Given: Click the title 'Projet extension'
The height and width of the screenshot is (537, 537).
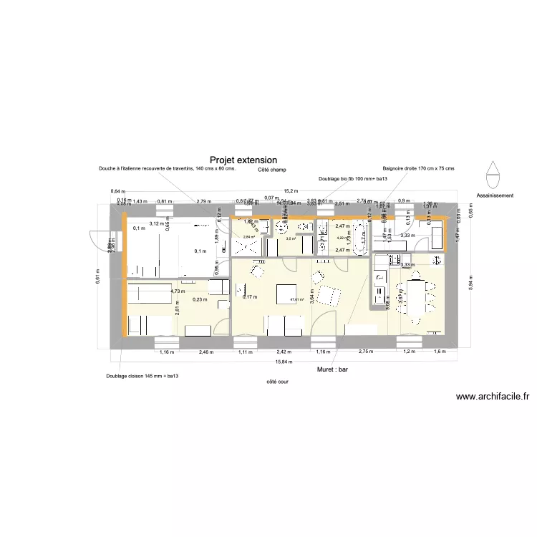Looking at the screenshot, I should pyautogui.click(x=243, y=161).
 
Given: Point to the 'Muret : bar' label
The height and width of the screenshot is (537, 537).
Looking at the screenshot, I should pyautogui.click(x=332, y=370).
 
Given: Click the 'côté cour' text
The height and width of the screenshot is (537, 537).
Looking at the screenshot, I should pyautogui.click(x=276, y=382).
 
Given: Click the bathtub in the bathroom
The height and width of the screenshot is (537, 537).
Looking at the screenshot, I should pyautogui.click(x=362, y=238).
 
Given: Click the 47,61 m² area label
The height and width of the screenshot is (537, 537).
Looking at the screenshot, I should pyautogui.click(x=296, y=300).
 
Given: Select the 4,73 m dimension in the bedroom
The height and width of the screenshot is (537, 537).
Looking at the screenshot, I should pyautogui.click(x=177, y=291).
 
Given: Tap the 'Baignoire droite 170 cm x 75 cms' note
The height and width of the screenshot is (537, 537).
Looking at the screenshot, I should pyautogui.click(x=418, y=168).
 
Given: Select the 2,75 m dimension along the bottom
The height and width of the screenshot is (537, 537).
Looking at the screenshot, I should pyautogui.click(x=367, y=352).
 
